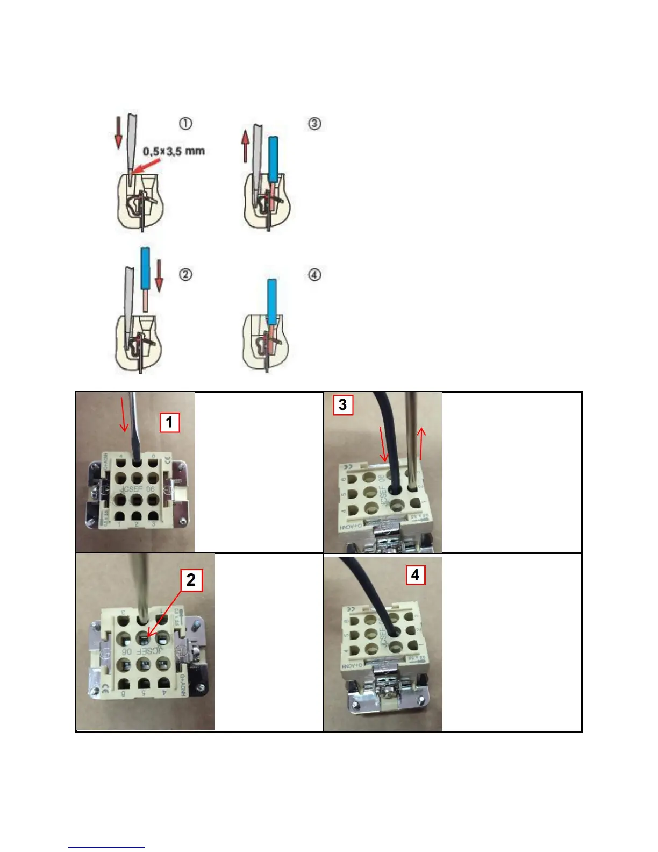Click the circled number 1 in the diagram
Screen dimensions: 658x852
185,124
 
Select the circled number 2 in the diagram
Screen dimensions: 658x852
185,275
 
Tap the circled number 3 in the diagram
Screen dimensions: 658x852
314,124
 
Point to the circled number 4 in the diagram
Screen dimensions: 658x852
314,275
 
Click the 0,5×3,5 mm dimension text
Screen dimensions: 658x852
174,151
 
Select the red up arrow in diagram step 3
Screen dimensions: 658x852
245,147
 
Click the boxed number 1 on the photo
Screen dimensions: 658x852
169,422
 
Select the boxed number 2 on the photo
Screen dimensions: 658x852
191,580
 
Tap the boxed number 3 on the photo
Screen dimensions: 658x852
342,404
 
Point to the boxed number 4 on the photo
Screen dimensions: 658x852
415,574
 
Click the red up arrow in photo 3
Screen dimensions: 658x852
422,443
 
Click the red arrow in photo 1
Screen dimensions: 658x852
124,414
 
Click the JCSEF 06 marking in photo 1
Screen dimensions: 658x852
137,489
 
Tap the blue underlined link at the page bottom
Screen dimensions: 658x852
106,847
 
